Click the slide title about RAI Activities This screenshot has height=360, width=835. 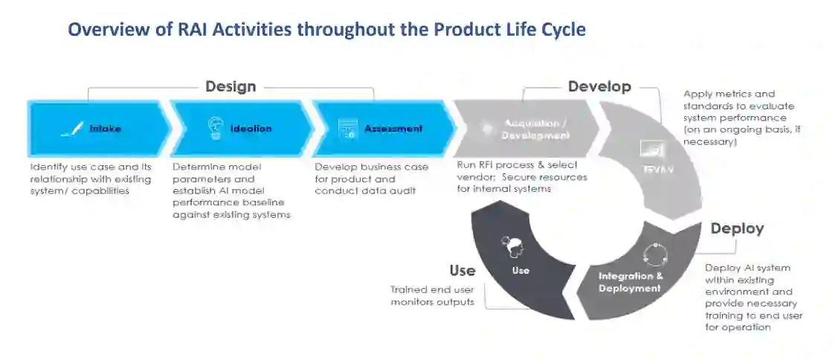(x=326, y=30)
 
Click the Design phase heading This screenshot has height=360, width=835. (x=230, y=86)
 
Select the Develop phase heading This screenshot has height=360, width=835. (x=599, y=86)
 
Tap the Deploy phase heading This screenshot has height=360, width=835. (x=736, y=228)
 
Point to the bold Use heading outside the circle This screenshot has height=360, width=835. (x=462, y=270)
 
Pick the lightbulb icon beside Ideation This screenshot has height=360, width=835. (x=215, y=128)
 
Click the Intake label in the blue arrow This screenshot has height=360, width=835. (x=105, y=129)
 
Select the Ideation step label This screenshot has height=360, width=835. (x=251, y=129)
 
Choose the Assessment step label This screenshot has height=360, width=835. (x=393, y=129)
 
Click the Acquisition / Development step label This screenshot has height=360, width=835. (x=535, y=129)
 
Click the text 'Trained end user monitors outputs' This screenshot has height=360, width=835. (x=432, y=296)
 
